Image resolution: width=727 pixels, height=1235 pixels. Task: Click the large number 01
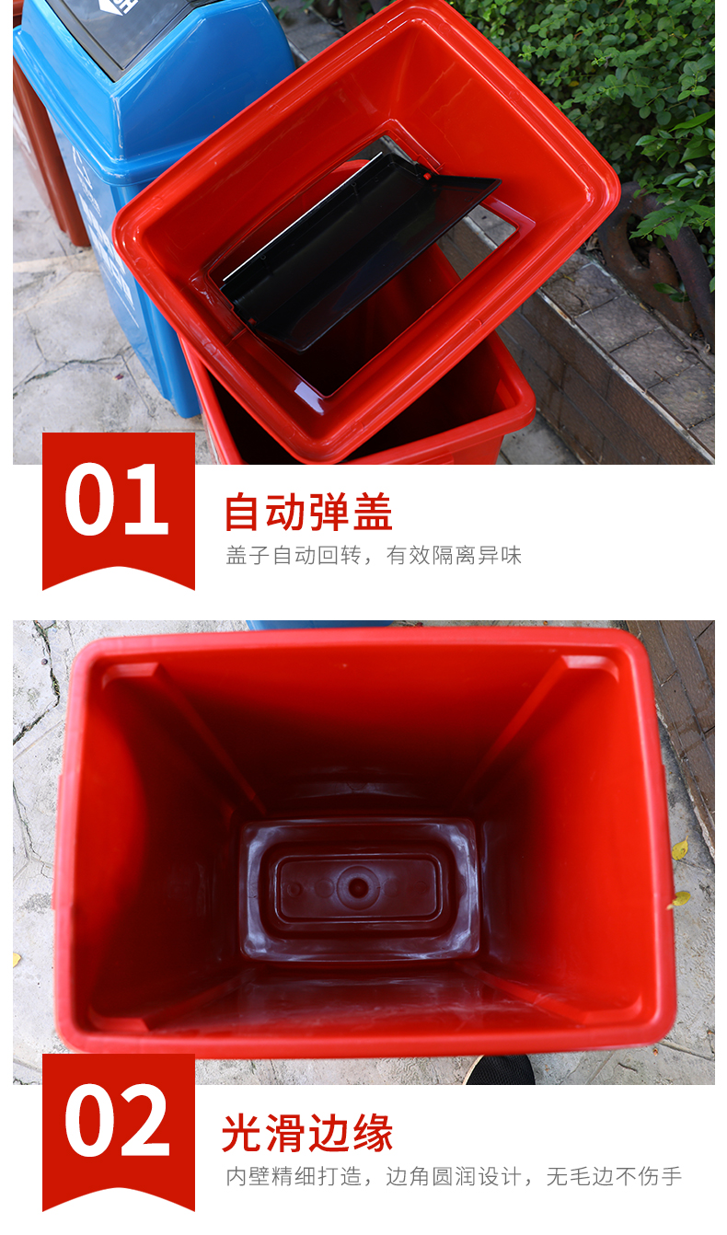[x=116, y=499]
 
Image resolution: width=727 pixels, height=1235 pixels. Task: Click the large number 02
[x=117, y=1120]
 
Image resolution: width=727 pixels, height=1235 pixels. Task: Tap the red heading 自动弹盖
[x=308, y=513]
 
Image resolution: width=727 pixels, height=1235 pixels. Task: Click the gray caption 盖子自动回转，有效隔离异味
[x=374, y=555]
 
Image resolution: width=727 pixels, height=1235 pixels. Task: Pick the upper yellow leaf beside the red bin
[x=679, y=849]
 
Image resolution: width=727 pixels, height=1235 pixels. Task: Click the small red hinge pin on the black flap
[x=426, y=177]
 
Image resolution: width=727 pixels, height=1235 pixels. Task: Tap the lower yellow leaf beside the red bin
[x=680, y=899]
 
